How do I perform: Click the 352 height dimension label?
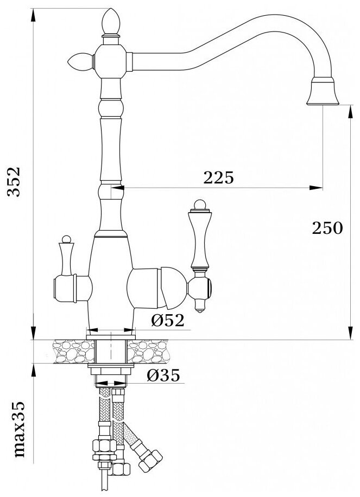14,182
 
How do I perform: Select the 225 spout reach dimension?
218,177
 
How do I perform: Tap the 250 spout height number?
327,228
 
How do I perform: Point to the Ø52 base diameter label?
167,321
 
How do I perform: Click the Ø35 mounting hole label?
163,375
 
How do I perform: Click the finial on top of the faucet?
111,22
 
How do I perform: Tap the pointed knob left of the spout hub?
80,61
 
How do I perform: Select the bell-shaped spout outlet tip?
323,91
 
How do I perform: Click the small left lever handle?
66,256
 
